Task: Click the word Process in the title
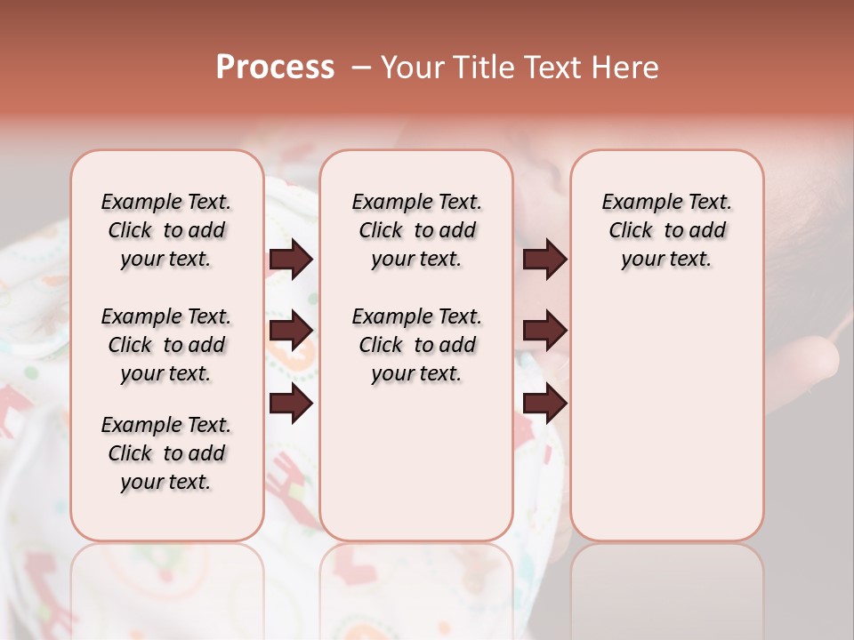[275, 68]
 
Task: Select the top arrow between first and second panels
[291, 260]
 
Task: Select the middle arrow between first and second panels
[291, 331]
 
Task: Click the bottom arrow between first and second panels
[291, 404]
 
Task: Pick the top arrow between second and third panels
[544, 260]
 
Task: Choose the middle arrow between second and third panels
[544, 331]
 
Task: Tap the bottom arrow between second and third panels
[544, 404]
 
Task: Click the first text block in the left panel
[166, 230]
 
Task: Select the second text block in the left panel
[166, 345]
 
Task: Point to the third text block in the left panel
[166, 453]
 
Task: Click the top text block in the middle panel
[416, 230]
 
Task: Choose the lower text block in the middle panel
[416, 345]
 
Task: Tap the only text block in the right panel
[666, 230]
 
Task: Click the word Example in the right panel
[637, 203]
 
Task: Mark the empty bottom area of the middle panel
[416, 471]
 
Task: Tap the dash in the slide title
[361, 68]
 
